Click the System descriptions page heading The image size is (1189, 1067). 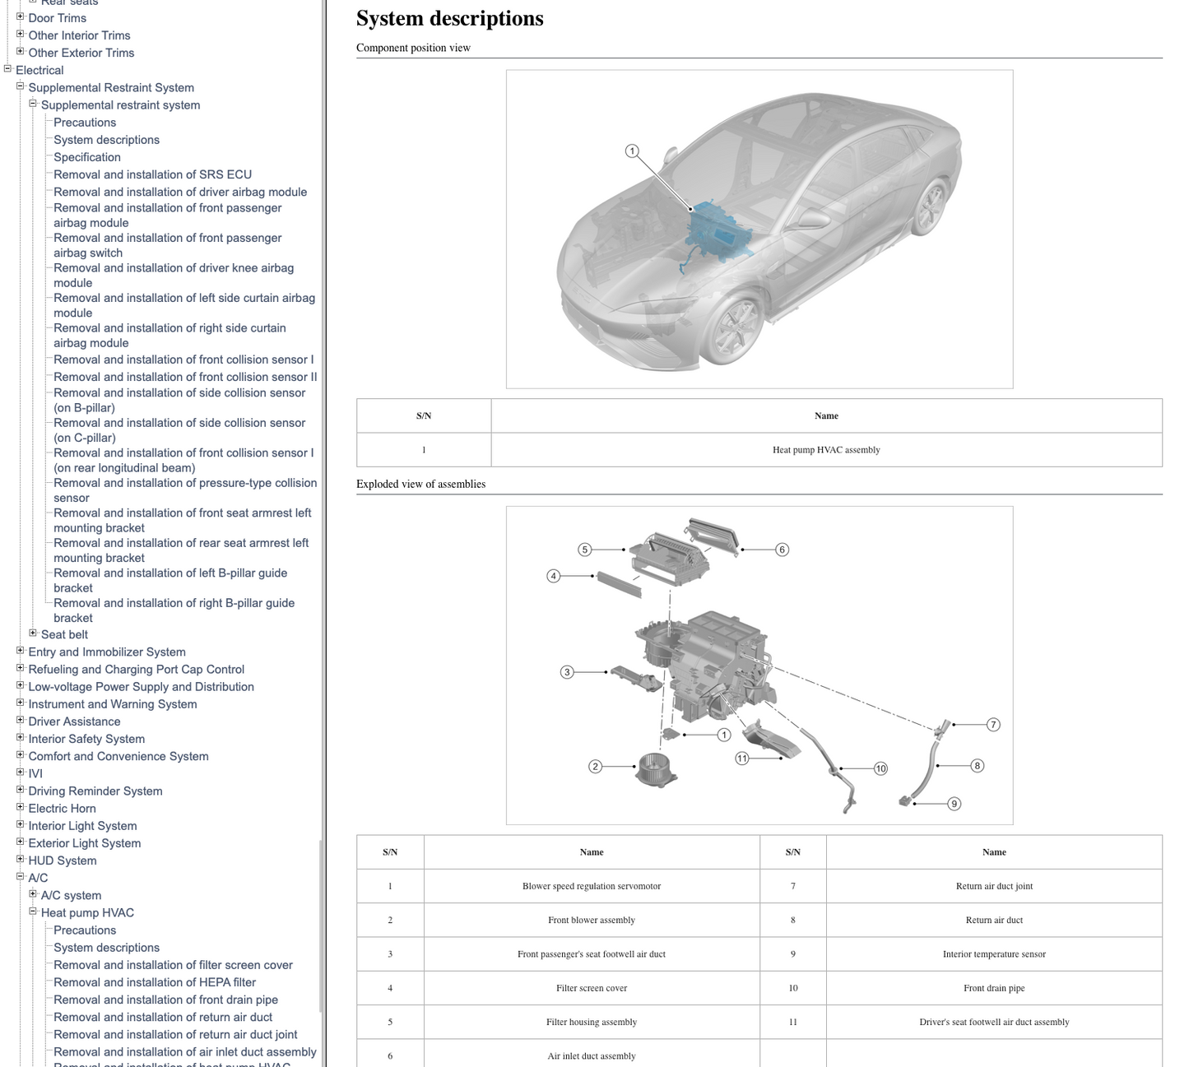coord(449,18)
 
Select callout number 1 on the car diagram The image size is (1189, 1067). coord(631,151)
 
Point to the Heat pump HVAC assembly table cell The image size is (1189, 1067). coord(826,449)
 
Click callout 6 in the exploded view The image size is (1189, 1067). coord(782,550)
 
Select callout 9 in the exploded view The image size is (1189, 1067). coord(954,804)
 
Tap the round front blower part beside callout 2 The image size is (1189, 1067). coord(656,769)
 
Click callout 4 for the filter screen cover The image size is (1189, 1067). coord(554,576)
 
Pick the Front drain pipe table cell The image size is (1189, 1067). coord(993,988)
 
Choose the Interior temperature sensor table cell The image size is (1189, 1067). coord(993,953)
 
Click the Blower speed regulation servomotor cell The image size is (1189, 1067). coord(591,886)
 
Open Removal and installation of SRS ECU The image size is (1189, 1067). coord(152,174)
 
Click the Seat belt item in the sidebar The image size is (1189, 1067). coord(64,634)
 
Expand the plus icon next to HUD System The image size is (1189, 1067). coord(20,859)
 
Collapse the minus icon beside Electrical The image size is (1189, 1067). coord(7,68)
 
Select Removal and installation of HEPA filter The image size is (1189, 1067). coord(155,982)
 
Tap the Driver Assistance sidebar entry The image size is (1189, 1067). coord(75,721)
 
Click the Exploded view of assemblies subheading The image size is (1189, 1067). coord(420,484)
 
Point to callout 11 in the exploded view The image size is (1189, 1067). coord(742,758)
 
